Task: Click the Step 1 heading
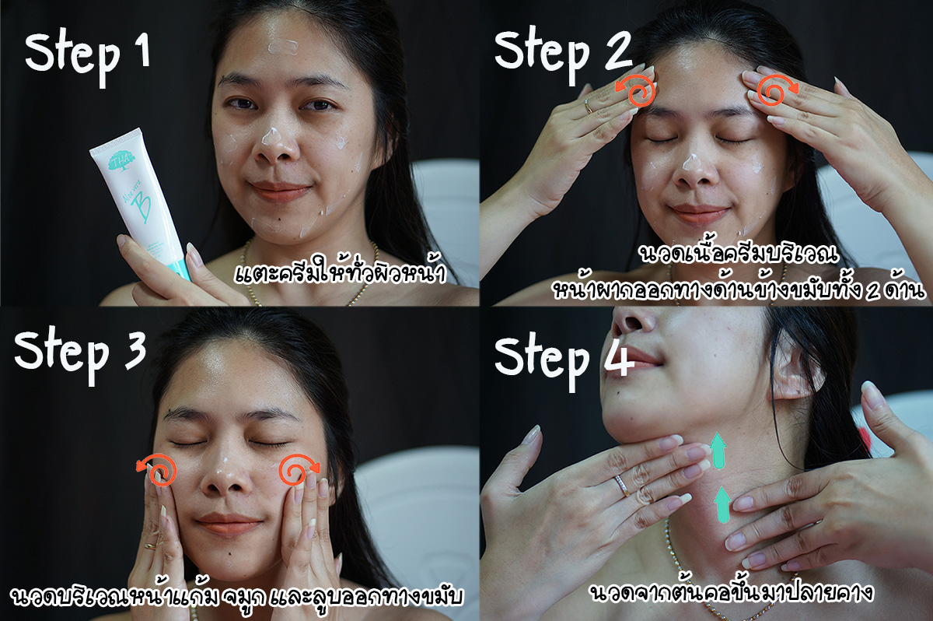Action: [x=87, y=56]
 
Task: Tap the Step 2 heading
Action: [x=563, y=54]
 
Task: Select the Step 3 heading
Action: [x=80, y=355]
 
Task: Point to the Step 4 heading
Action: [x=564, y=361]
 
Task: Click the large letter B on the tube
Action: [x=142, y=206]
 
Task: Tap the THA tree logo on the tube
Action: [x=121, y=160]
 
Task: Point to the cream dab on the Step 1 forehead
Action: [x=282, y=47]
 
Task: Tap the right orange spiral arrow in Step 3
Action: [x=299, y=470]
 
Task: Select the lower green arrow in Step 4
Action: [x=723, y=505]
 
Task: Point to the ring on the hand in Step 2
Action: [x=589, y=107]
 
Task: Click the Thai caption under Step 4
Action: [x=732, y=593]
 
